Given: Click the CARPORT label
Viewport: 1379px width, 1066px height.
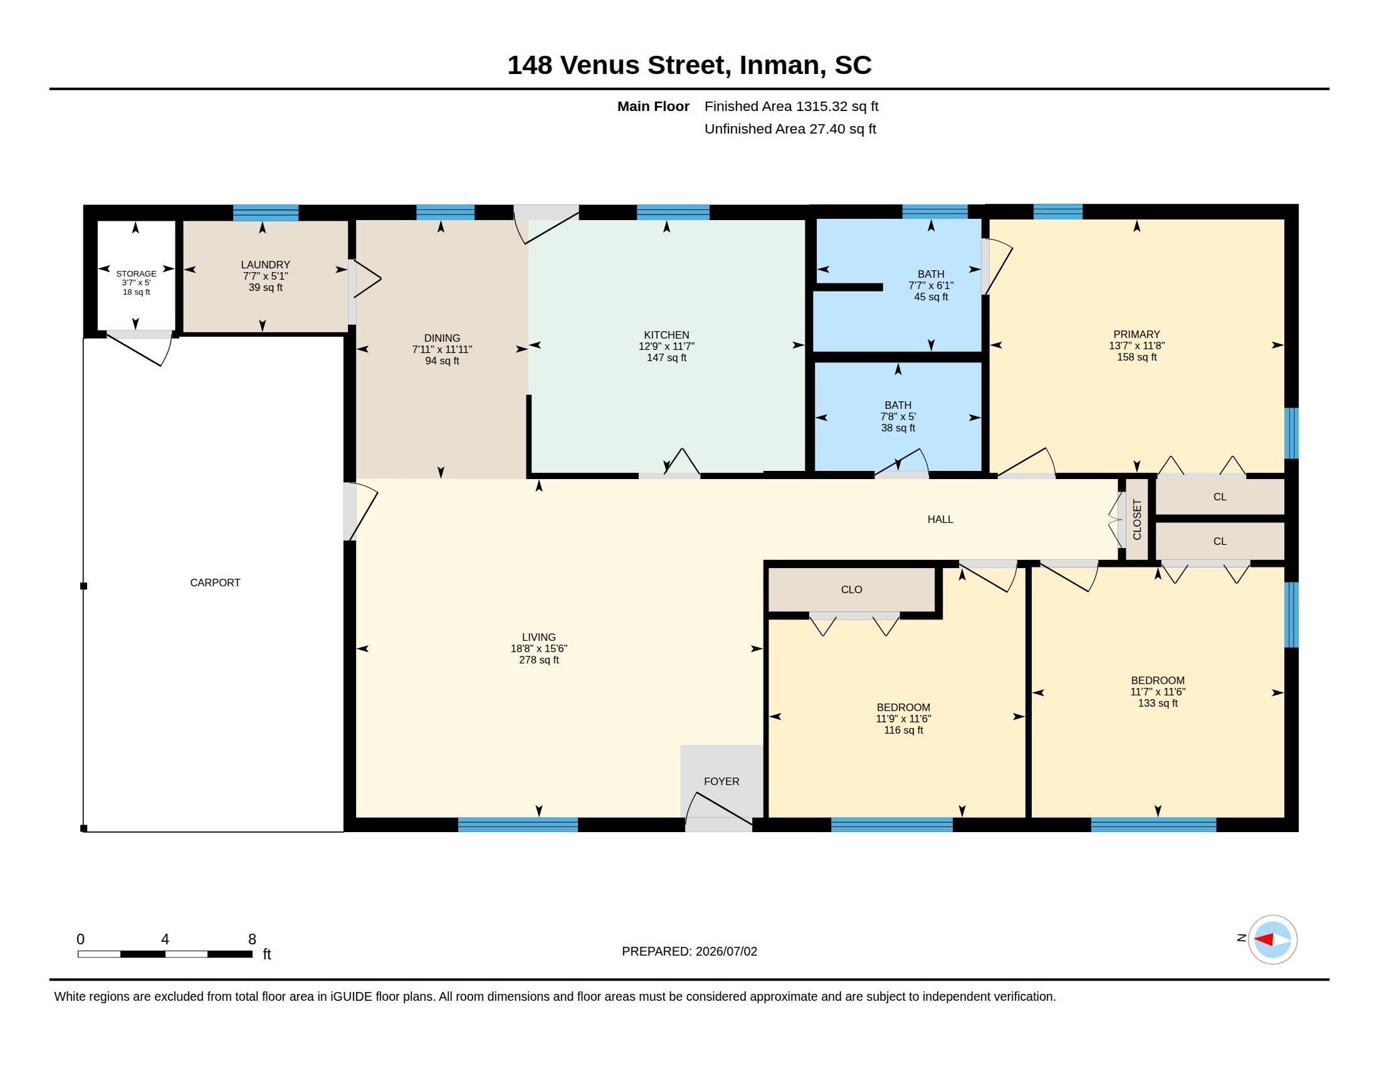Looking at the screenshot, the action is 214,583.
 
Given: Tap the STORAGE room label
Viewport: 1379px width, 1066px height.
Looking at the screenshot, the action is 137,273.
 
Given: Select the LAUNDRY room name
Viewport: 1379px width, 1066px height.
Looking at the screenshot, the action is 265,265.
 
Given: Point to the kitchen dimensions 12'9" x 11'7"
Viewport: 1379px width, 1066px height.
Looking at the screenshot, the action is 666,346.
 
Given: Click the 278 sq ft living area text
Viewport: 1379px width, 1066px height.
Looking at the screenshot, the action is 538,660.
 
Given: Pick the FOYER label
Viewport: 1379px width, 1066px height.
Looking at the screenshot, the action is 721,781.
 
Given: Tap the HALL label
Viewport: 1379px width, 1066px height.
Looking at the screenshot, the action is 940,519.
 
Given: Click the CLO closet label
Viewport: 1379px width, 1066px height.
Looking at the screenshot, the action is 851,589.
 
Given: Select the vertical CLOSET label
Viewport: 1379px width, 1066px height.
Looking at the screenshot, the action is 1136,520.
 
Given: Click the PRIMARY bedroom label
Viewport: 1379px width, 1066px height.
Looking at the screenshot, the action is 1136,334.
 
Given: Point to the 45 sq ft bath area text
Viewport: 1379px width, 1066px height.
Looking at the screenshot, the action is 931,297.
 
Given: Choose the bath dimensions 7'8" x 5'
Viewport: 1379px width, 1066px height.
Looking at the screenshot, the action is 898,417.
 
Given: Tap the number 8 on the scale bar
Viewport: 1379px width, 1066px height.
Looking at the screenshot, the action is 252,939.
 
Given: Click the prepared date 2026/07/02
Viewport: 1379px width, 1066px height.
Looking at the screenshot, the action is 726,951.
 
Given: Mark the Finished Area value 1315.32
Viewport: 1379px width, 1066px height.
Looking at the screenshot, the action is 821,106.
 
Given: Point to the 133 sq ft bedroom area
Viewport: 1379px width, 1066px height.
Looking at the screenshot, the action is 1157,703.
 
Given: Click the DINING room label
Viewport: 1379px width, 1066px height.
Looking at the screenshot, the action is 442,338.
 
